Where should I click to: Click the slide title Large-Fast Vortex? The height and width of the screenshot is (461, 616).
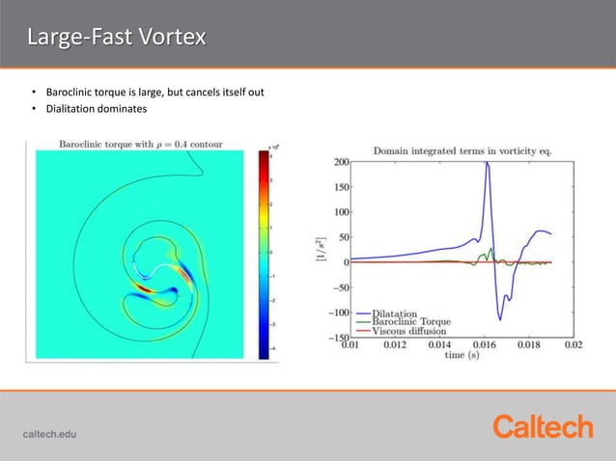pos(116,38)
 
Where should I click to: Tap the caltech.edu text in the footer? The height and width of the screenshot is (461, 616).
pos(49,433)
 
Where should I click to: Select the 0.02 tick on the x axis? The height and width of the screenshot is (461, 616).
pos(574,344)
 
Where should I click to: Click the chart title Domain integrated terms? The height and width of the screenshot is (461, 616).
pos(462,150)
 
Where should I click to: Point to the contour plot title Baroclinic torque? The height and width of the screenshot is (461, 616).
pos(141,145)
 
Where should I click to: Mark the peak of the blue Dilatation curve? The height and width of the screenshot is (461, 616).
pos(488,163)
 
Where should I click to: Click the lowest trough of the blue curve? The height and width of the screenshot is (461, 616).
pos(500,319)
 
